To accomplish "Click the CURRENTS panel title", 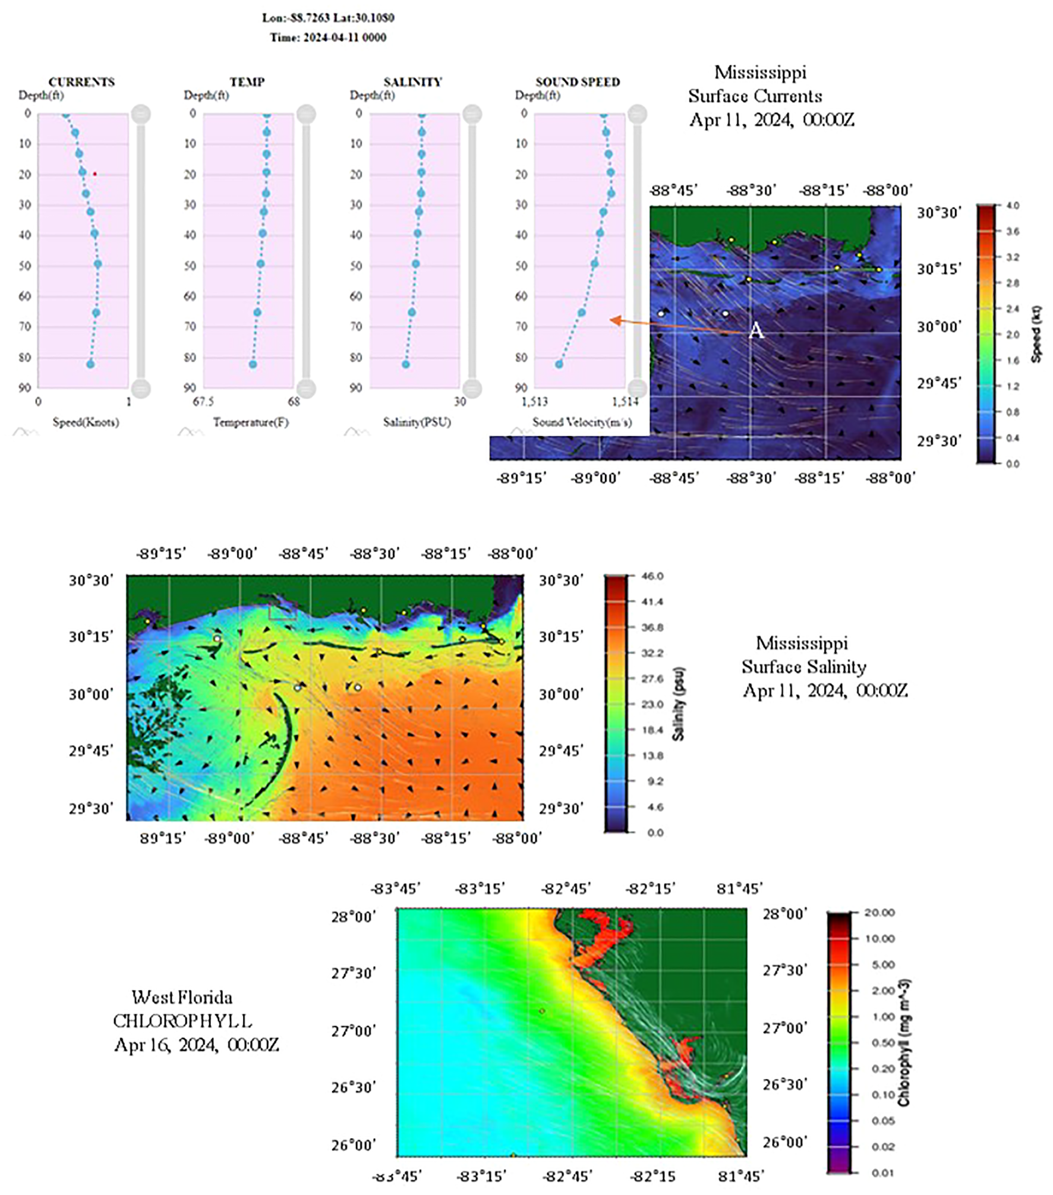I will tap(81, 82).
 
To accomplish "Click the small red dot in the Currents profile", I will tap(94, 174).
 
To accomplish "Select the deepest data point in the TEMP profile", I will tap(253, 364).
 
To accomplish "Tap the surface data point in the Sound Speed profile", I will tap(604, 115).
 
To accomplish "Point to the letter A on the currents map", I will tap(755, 330).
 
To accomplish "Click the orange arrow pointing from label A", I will tap(677, 324).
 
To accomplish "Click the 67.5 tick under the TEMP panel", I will tap(203, 402).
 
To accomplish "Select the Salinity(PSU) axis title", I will tap(417, 422).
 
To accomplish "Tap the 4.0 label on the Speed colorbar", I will tap(1013, 206).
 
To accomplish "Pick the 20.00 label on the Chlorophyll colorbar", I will tap(879, 913).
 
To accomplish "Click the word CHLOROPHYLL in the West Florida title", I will tap(182, 1021).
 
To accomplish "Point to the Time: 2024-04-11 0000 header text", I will tap(328, 37).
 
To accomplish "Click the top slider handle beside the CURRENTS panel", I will tap(141, 114).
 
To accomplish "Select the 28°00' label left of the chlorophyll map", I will tap(353, 917).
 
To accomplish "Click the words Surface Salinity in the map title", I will tap(803, 667).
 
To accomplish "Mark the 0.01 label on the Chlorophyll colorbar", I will tap(882, 1172).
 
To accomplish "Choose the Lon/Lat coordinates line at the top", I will tap(328, 18).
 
